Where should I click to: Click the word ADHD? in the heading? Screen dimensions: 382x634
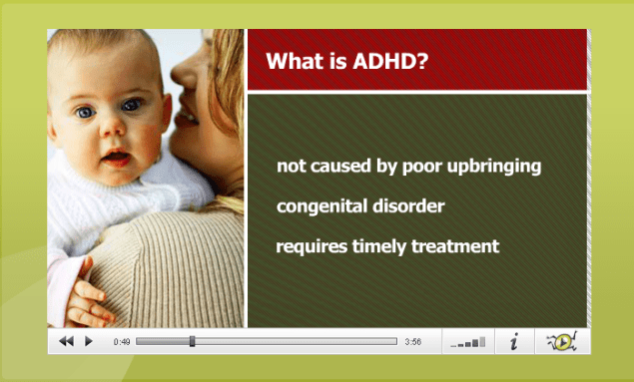[393, 61]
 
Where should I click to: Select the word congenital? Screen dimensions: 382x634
[321, 207]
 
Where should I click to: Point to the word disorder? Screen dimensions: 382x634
[408, 206]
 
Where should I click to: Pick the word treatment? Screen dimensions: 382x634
[455, 246]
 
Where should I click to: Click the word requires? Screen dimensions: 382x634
[311, 246]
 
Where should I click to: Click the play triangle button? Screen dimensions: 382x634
[89, 341]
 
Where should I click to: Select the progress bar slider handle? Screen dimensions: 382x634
[192, 341]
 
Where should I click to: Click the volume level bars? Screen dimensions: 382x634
[468, 342]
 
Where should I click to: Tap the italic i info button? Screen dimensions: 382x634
[514, 342]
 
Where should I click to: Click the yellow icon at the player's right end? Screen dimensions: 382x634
[561, 341]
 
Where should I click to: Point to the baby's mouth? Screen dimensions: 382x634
[116, 159]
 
